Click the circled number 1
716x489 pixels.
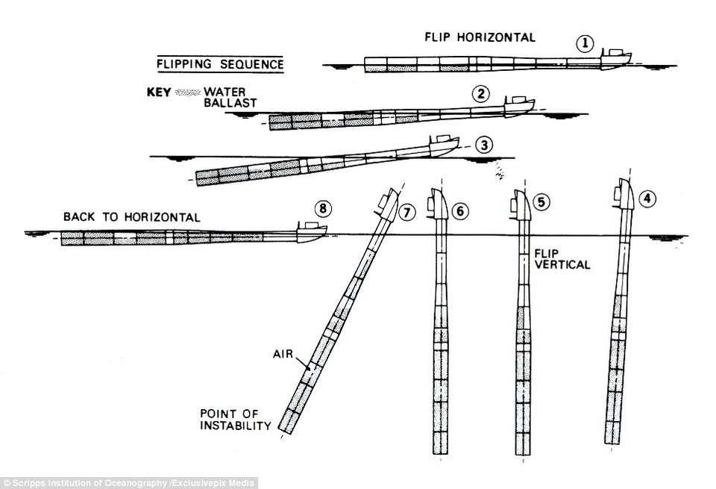pyautogui.click(x=587, y=44)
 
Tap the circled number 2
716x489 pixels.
pyautogui.click(x=481, y=93)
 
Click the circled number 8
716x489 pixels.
pyautogui.click(x=322, y=208)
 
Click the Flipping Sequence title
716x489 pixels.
pyautogui.click(x=220, y=64)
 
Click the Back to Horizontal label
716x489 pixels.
pyautogui.click(x=131, y=217)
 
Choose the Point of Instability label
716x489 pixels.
pyautogui.click(x=234, y=420)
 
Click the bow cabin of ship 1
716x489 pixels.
pyautogui.click(x=616, y=52)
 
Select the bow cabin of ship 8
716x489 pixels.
pyautogui.click(x=307, y=227)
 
